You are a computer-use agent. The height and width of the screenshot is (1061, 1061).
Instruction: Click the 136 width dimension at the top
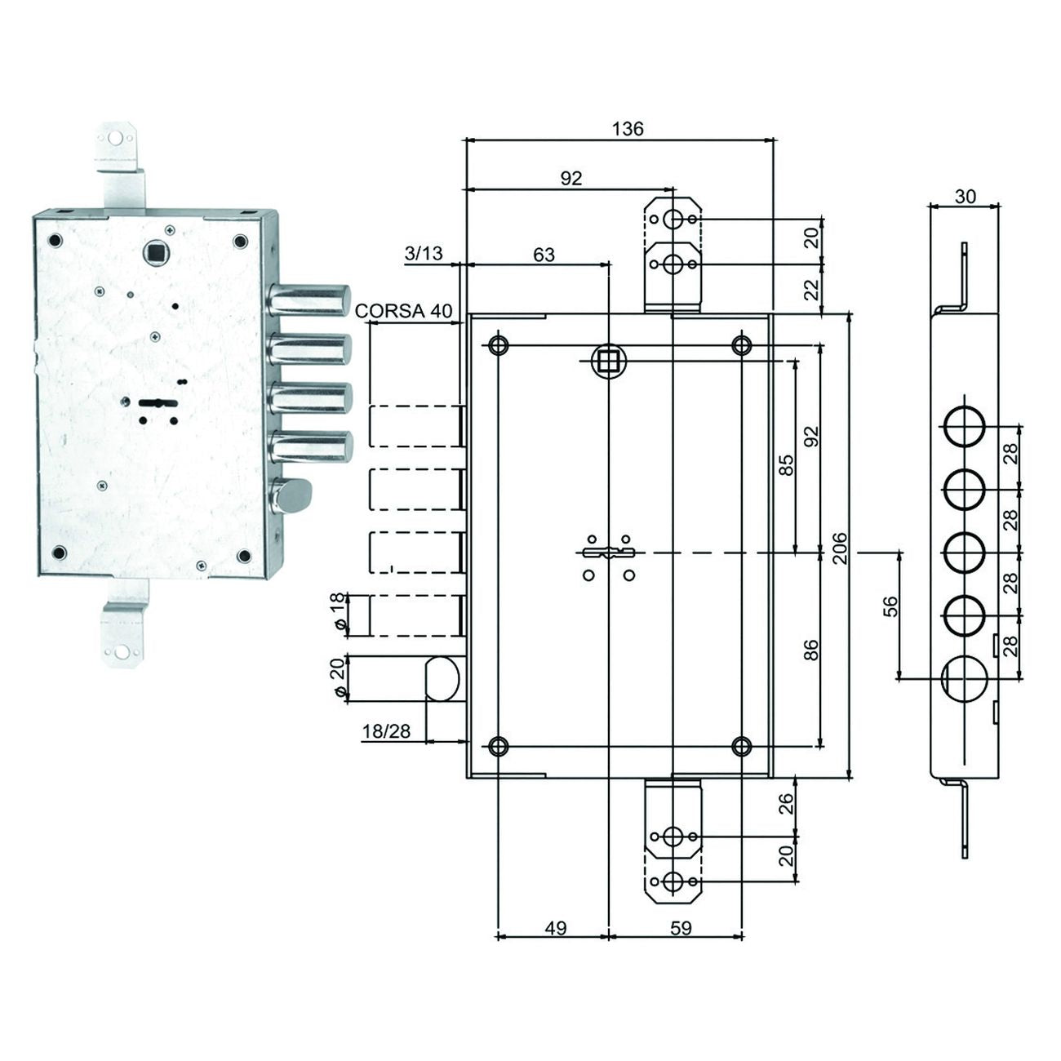(628, 128)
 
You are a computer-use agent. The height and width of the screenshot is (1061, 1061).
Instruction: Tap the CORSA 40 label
(403, 310)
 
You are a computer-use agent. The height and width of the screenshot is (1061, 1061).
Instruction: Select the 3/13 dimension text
(424, 253)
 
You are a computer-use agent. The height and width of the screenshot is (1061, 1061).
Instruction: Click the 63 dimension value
(544, 255)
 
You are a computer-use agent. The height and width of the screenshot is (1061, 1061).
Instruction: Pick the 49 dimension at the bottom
(555, 928)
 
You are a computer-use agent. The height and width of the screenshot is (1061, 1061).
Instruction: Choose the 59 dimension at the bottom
(680, 928)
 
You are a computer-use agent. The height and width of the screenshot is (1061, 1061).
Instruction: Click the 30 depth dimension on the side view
(965, 196)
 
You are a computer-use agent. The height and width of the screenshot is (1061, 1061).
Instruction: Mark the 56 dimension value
(890, 606)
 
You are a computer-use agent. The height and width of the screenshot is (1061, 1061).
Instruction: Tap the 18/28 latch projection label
(387, 731)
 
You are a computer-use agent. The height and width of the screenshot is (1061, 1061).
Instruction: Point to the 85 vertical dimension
(786, 465)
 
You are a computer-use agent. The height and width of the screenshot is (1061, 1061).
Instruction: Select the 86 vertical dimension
(811, 650)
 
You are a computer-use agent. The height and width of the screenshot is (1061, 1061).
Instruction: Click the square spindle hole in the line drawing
(608, 360)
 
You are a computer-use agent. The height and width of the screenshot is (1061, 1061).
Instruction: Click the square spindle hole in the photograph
(155, 251)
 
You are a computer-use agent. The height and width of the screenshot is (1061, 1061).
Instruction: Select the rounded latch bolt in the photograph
(294, 495)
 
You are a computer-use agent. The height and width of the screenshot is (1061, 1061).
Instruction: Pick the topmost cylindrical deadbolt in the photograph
(310, 299)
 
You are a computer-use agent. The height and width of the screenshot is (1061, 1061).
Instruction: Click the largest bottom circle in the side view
(965, 677)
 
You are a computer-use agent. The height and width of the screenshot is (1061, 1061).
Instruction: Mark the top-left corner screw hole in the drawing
(498, 345)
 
